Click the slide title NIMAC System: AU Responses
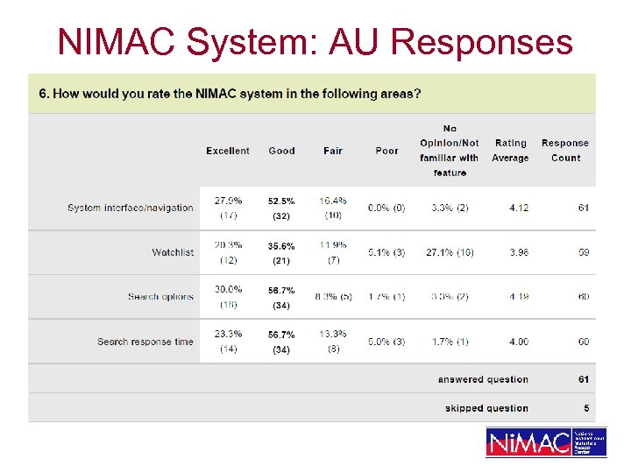coord(315,41)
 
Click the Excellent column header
coord(228,151)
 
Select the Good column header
coord(281,151)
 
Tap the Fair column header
coord(333,151)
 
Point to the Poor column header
coord(386,151)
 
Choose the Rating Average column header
coord(510,150)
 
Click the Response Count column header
coord(565,150)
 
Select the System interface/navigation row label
coord(130,208)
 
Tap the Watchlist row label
coord(173,252)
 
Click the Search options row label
coord(160,297)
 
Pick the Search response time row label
coord(145,342)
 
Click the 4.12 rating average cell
coord(520,208)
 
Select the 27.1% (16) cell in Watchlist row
coord(450,252)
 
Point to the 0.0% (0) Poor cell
coord(386,208)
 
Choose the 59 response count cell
coord(584,252)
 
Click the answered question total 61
coord(584,379)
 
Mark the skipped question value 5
coord(586,408)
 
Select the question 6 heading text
coord(229,94)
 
